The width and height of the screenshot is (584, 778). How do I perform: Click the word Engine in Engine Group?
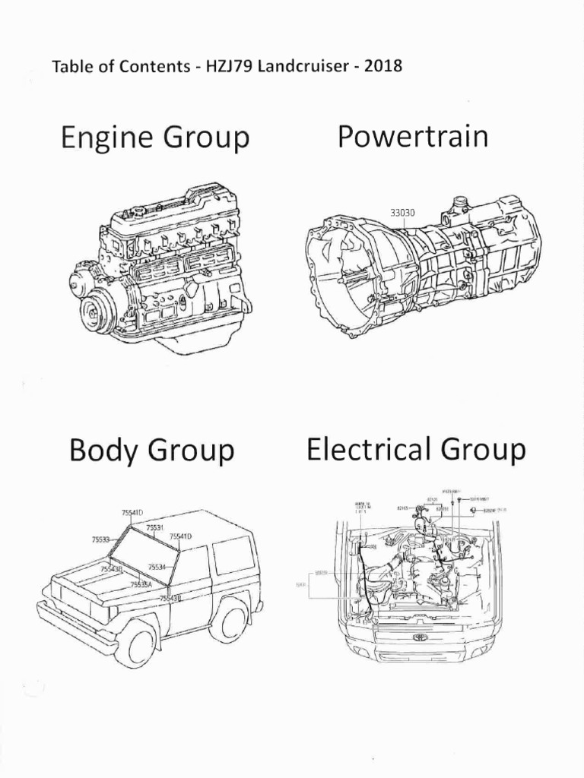(x=103, y=139)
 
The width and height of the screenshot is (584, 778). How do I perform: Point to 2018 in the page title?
(x=382, y=65)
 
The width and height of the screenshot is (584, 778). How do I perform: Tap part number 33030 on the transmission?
(x=402, y=213)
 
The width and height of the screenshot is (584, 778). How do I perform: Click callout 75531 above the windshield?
(x=155, y=527)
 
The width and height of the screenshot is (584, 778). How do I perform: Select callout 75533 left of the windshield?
(x=100, y=539)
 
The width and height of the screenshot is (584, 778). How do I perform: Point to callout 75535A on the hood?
(x=141, y=584)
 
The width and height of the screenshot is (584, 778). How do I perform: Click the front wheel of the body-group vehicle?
(x=137, y=643)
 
